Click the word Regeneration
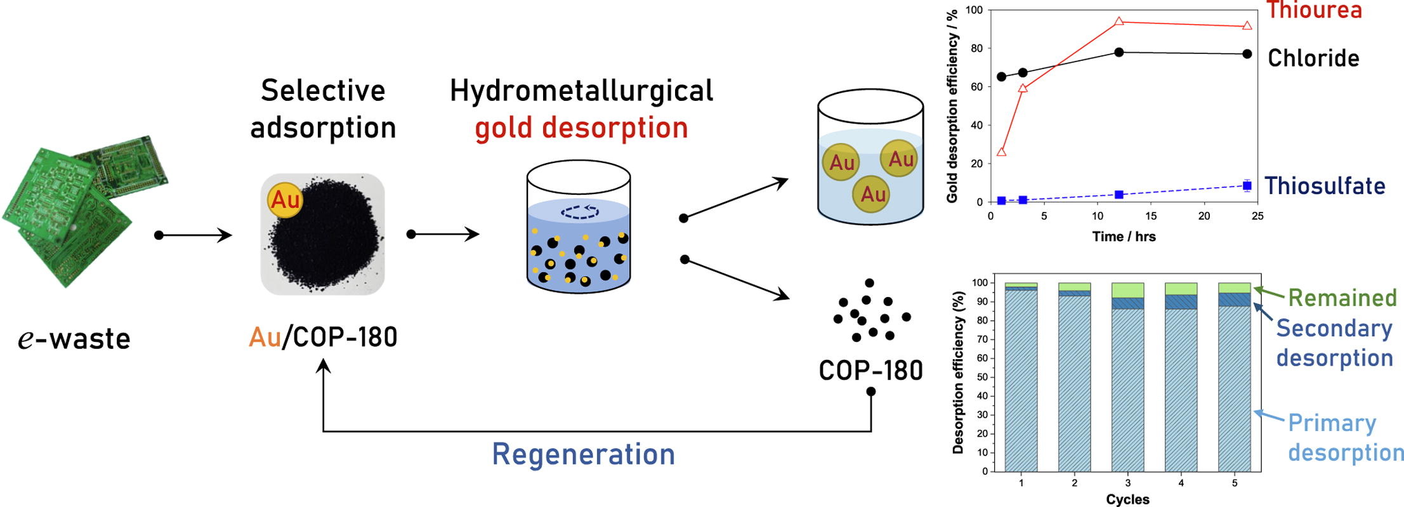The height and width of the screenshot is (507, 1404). pos(583,454)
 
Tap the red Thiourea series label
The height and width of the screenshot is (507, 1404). pos(1313,10)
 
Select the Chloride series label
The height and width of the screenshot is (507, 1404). pos(1313,58)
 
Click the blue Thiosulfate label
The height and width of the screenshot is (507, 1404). pos(1325,186)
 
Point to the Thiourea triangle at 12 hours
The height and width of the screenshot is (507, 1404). pos(1119,22)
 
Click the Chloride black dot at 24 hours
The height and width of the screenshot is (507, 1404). pos(1247,54)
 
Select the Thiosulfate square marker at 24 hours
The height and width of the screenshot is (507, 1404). pos(1247,186)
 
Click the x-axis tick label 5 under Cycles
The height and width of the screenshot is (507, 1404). pos(1234,484)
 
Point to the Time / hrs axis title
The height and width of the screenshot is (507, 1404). pos(1124,237)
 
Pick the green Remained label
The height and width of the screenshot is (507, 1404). pos(1342,298)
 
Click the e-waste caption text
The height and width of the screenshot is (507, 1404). pos(74,338)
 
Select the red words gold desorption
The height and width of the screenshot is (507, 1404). pos(581,128)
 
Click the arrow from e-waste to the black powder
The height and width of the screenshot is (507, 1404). pos(194,235)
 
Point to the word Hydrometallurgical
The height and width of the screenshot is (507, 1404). pos(581,91)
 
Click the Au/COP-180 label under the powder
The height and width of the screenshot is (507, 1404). pos(323,337)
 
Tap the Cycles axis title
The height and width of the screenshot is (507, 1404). pos(1127,499)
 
